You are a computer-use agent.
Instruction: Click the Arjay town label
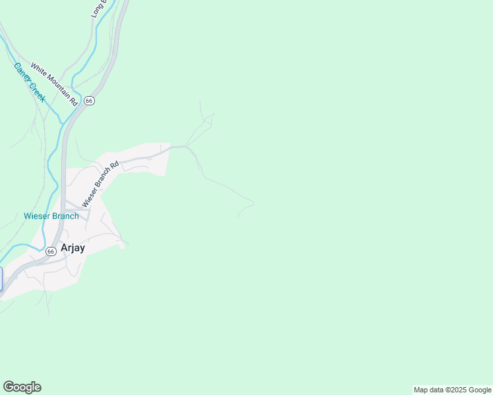pos(73,248)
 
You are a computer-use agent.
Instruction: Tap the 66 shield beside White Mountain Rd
pos(90,100)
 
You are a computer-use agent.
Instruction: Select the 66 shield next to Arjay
pos(51,251)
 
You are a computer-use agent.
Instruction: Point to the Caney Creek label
pos(29,82)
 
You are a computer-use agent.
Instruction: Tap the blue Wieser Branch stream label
pos(51,216)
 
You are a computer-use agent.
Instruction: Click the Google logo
pos(22,387)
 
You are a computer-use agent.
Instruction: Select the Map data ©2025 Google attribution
pos(452,390)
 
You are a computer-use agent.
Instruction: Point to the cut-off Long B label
pos(98,8)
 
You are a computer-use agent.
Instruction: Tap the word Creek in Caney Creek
pos(37,93)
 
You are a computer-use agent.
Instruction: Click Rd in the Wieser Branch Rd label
pos(115,165)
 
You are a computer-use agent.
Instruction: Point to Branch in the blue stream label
pos(66,216)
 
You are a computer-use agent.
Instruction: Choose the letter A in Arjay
pos(65,248)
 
